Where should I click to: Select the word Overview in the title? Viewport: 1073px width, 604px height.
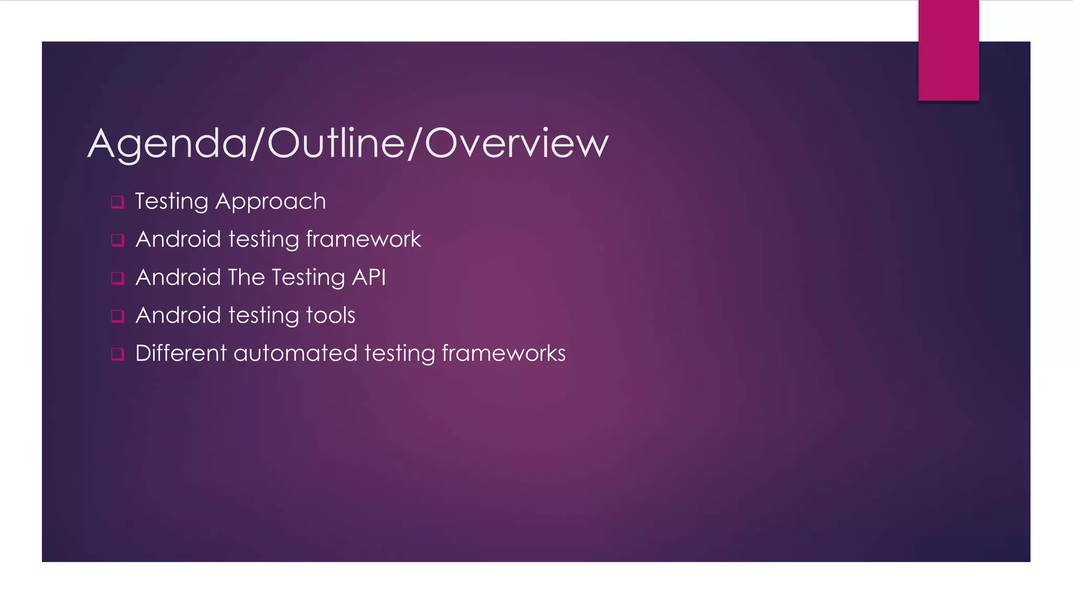[x=517, y=143]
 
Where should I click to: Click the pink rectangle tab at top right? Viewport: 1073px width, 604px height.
[x=948, y=50]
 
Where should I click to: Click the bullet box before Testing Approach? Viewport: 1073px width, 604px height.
[x=117, y=202]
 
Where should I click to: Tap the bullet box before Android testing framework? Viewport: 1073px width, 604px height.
[x=117, y=240]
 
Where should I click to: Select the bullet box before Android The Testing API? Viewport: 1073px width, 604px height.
[x=117, y=278]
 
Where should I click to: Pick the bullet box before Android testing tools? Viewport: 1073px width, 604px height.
[x=117, y=316]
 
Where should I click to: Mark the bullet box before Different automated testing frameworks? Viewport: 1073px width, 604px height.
[x=117, y=354]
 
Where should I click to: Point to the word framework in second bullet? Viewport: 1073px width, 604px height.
[x=363, y=240]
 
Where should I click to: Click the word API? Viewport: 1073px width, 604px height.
[x=369, y=277]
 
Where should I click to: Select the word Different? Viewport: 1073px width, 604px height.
[x=181, y=353]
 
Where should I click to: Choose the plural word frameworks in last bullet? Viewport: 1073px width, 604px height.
[x=503, y=353]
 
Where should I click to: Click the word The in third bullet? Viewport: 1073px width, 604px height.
[x=246, y=277]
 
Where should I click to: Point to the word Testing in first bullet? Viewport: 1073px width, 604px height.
[x=171, y=202]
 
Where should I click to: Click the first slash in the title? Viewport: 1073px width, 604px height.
[x=257, y=143]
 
